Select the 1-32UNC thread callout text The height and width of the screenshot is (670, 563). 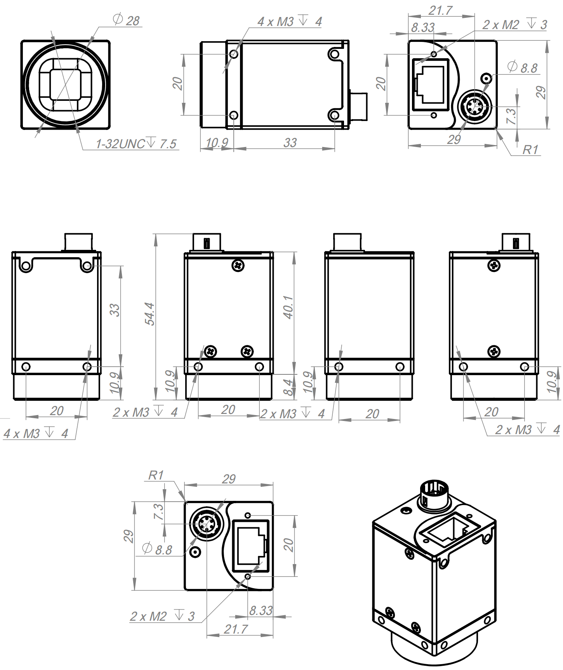pyautogui.click(x=136, y=144)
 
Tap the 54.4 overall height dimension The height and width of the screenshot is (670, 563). pyautogui.click(x=149, y=314)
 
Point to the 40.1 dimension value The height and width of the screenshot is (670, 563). pyautogui.click(x=288, y=307)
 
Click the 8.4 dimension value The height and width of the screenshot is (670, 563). pyautogui.click(x=288, y=387)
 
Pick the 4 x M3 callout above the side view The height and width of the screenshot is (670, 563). pyautogui.click(x=290, y=22)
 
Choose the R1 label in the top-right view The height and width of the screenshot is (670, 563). pyautogui.click(x=530, y=149)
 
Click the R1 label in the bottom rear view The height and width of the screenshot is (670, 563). pyautogui.click(x=156, y=475)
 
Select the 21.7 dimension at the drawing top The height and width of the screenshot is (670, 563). pyautogui.click(x=440, y=10)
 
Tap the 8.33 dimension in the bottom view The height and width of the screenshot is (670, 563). pyautogui.click(x=261, y=611)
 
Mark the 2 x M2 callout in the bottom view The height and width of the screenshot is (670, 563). pyautogui.click(x=162, y=616)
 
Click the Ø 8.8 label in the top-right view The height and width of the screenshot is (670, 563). pyautogui.click(x=523, y=68)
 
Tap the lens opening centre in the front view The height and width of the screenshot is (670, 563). pyautogui.click(x=65, y=85)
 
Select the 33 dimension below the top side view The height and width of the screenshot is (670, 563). pyautogui.click(x=290, y=143)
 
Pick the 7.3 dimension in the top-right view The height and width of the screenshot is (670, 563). pyautogui.click(x=511, y=116)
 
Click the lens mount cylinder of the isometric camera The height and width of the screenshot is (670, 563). pyautogui.click(x=434, y=652)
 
